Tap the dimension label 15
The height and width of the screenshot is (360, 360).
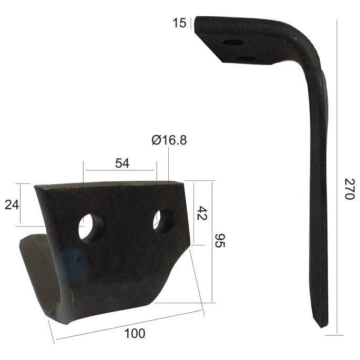coord(179,23)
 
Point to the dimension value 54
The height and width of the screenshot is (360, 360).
coord(122,163)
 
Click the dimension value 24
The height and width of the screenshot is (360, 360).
coord(12,204)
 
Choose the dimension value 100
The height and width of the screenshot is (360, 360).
coord(136,333)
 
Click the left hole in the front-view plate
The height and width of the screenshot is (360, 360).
coord(90,228)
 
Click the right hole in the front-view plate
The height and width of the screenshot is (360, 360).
coord(163,221)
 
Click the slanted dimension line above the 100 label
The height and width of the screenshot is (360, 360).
coord(129,325)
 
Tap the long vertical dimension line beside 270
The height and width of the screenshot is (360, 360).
coord(336,179)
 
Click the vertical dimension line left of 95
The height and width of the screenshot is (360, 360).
coord(213,242)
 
